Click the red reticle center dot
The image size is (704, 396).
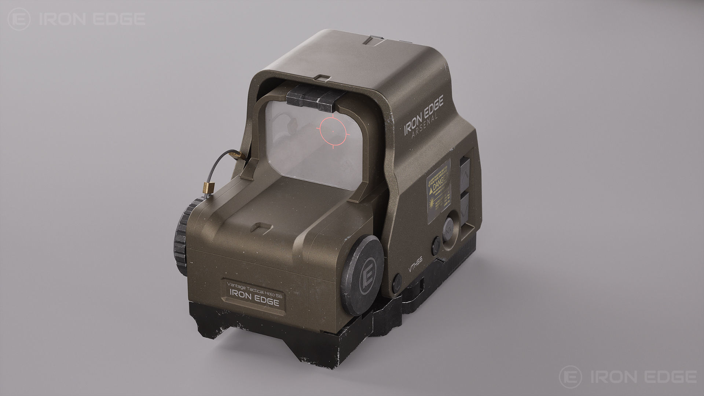tap(333, 131)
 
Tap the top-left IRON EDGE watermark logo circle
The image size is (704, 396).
tap(19, 19)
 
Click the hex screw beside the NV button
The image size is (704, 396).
tap(436, 245)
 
